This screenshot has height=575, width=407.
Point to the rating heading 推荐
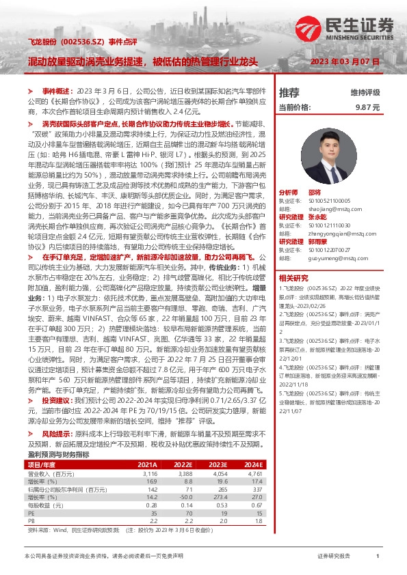point(289,92)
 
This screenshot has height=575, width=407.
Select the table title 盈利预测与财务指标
point(58,455)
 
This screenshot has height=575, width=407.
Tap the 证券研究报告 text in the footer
point(334,557)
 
